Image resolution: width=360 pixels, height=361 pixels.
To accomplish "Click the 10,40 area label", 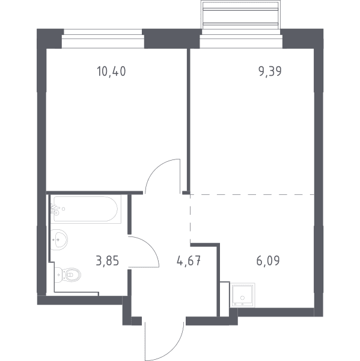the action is click(x=111, y=71).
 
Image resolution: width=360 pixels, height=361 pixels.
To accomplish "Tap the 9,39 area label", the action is click(x=270, y=71).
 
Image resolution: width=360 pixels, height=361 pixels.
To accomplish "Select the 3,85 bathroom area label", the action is click(x=108, y=261).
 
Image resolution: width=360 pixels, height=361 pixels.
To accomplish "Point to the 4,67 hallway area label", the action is click(x=189, y=261).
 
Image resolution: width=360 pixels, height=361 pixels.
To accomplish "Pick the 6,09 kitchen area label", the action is click(x=268, y=261).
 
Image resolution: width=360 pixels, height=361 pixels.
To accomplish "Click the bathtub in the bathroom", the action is click(x=86, y=209).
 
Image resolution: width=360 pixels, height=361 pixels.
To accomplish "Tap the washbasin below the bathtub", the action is click(x=59, y=239).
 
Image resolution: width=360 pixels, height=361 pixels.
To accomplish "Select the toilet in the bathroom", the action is click(x=68, y=275).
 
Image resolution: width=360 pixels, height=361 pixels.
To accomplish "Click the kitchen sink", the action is click(x=242, y=295).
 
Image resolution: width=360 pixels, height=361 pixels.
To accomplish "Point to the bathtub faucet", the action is click(x=55, y=209).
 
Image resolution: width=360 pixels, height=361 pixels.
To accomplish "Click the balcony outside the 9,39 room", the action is click(x=241, y=14).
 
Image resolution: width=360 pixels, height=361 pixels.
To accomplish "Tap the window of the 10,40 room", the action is click(x=103, y=39).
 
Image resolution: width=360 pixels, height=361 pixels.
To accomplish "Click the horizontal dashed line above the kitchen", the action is click(x=252, y=194).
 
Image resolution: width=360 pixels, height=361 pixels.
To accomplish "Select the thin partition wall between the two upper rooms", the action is click(x=189, y=120).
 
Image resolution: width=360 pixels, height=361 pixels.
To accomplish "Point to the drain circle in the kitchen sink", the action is click(x=242, y=298).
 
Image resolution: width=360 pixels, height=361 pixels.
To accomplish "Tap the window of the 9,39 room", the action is click(x=241, y=42).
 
